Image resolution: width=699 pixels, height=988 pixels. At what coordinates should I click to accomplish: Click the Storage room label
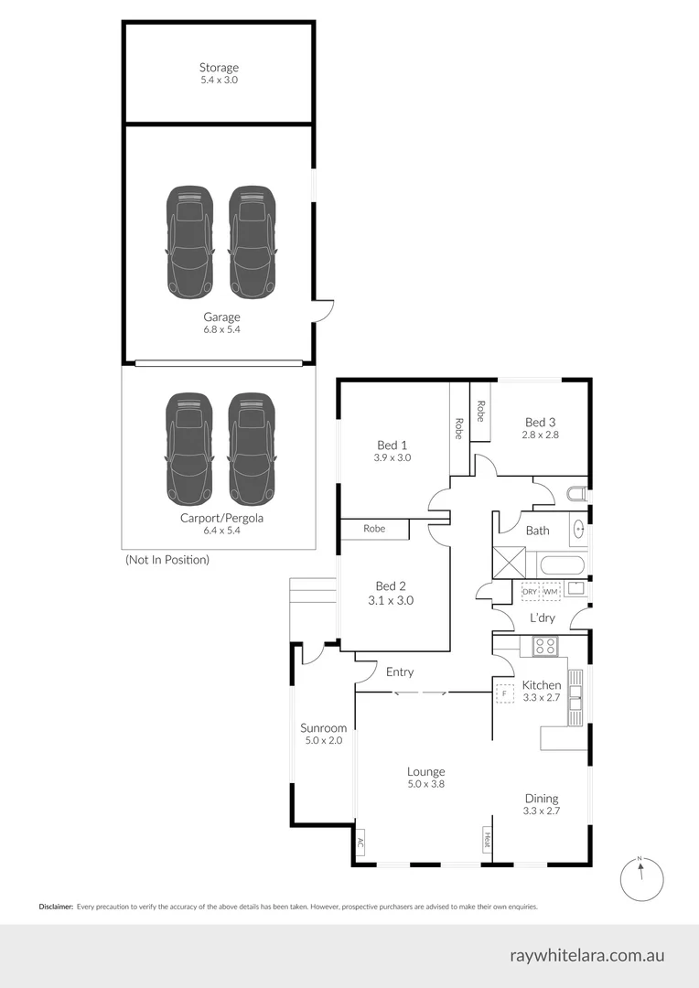[219, 68]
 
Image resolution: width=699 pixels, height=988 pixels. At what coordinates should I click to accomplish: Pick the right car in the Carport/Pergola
[252, 449]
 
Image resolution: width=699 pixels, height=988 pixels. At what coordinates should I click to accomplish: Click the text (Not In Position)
[167, 559]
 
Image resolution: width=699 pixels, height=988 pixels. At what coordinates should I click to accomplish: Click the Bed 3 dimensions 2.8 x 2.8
[540, 435]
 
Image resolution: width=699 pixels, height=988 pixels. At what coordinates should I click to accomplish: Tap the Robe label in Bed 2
[373, 529]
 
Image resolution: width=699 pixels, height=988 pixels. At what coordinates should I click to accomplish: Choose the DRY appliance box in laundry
[530, 592]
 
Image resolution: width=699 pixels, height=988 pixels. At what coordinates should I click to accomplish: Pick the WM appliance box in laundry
[550, 592]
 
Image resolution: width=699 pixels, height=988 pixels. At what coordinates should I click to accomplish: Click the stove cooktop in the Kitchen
[545, 646]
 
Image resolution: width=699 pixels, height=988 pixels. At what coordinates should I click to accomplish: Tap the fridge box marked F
[503, 694]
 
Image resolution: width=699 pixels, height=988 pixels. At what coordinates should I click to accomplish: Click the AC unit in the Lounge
[360, 843]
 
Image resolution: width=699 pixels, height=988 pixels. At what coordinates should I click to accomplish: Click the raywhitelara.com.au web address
[586, 956]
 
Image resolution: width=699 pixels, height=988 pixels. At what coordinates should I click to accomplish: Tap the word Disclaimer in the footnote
[56, 907]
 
